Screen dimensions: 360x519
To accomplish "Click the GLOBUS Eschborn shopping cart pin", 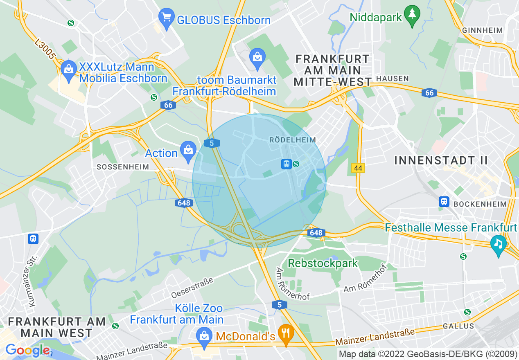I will point(166,18).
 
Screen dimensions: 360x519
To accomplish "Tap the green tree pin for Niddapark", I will point(412,15).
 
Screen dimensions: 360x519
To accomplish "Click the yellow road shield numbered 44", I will point(358,168).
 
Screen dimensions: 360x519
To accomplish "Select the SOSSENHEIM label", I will point(122,167).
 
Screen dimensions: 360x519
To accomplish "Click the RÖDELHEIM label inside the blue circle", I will point(293,140).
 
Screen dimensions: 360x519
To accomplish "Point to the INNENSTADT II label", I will point(441,160).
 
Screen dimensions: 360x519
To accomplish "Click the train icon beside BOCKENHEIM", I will point(444,201).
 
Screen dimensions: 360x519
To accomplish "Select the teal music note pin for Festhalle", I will point(498,244).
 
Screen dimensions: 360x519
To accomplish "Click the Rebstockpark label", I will point(323,263).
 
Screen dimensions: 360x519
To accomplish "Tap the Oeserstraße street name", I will point(192,288).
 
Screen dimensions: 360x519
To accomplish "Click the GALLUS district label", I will point(458,326).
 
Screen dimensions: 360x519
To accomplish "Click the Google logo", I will point(27,350).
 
